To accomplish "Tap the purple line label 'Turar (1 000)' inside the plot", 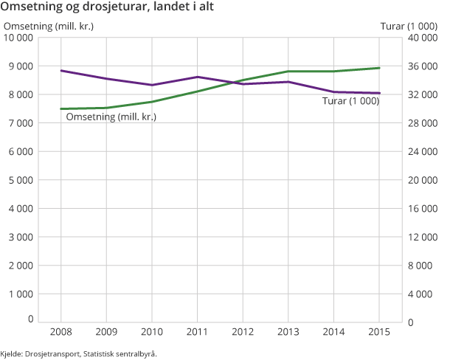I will click(351, 101).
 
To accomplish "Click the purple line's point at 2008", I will click(61, 71).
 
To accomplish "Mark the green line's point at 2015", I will click(379, 68).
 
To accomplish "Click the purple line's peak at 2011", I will click(198, 77).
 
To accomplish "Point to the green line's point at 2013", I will click(288, 72).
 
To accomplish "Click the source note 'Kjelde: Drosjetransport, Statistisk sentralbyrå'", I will click(79, 353).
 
